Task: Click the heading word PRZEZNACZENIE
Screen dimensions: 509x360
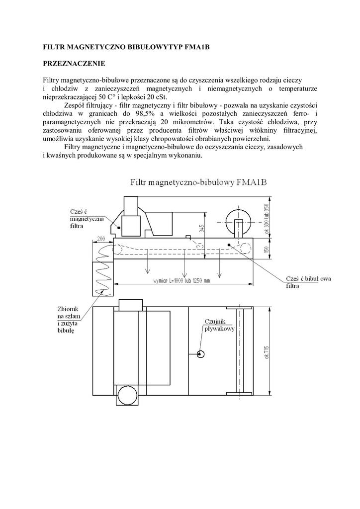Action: pyautogui.click(x=74, y=64)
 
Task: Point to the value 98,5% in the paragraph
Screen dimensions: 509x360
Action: pyautogui.click(x=136, y=113)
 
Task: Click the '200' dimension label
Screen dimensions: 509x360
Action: pyautogui.click(x=102, y=239)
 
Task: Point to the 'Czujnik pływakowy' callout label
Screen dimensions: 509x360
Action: pyautogui.click(x=219, y=325)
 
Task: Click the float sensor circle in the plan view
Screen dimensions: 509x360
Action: pyautogui.click(x=201, y=354)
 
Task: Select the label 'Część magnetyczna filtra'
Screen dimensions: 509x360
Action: pyautogui.click(x=83, y=219)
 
